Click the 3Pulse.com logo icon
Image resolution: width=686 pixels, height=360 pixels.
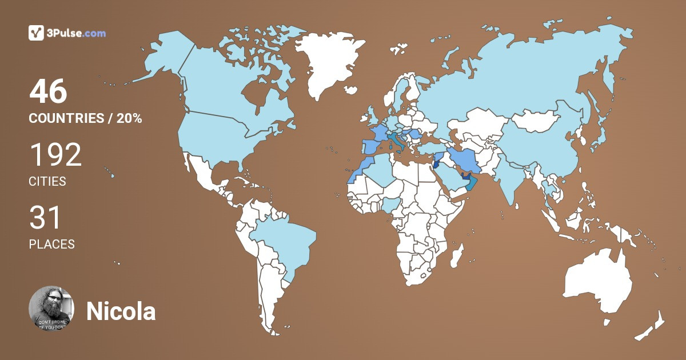pyautogui.click(x=36, y=33)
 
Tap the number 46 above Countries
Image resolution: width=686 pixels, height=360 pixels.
pyautogui.click(x=48, y=92)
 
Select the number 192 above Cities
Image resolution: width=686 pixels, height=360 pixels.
pyautogui.click(x=55, y=155)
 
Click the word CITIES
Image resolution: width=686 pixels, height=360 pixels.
pyautogui.click(x=47, y=182)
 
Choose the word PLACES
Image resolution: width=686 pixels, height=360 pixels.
pyautogui.click(x=51, y=244)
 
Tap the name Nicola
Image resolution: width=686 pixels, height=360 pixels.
pyautogui.click(x=121, y=312)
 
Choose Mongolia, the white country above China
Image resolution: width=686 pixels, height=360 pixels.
pyautogui.click(x=534, y=121)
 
